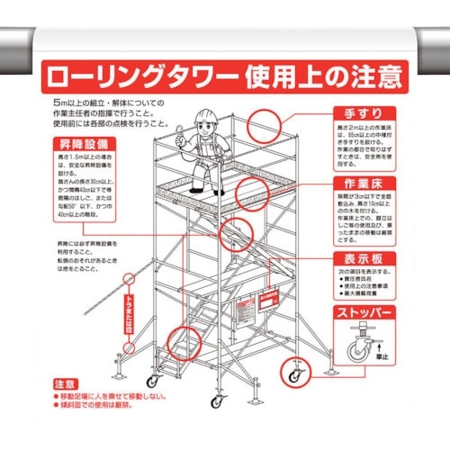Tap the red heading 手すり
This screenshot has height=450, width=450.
click(x=364, y=114)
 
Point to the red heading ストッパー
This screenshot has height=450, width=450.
click(x=364, y=314)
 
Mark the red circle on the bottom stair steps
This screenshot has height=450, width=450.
click(x=184, y=344)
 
